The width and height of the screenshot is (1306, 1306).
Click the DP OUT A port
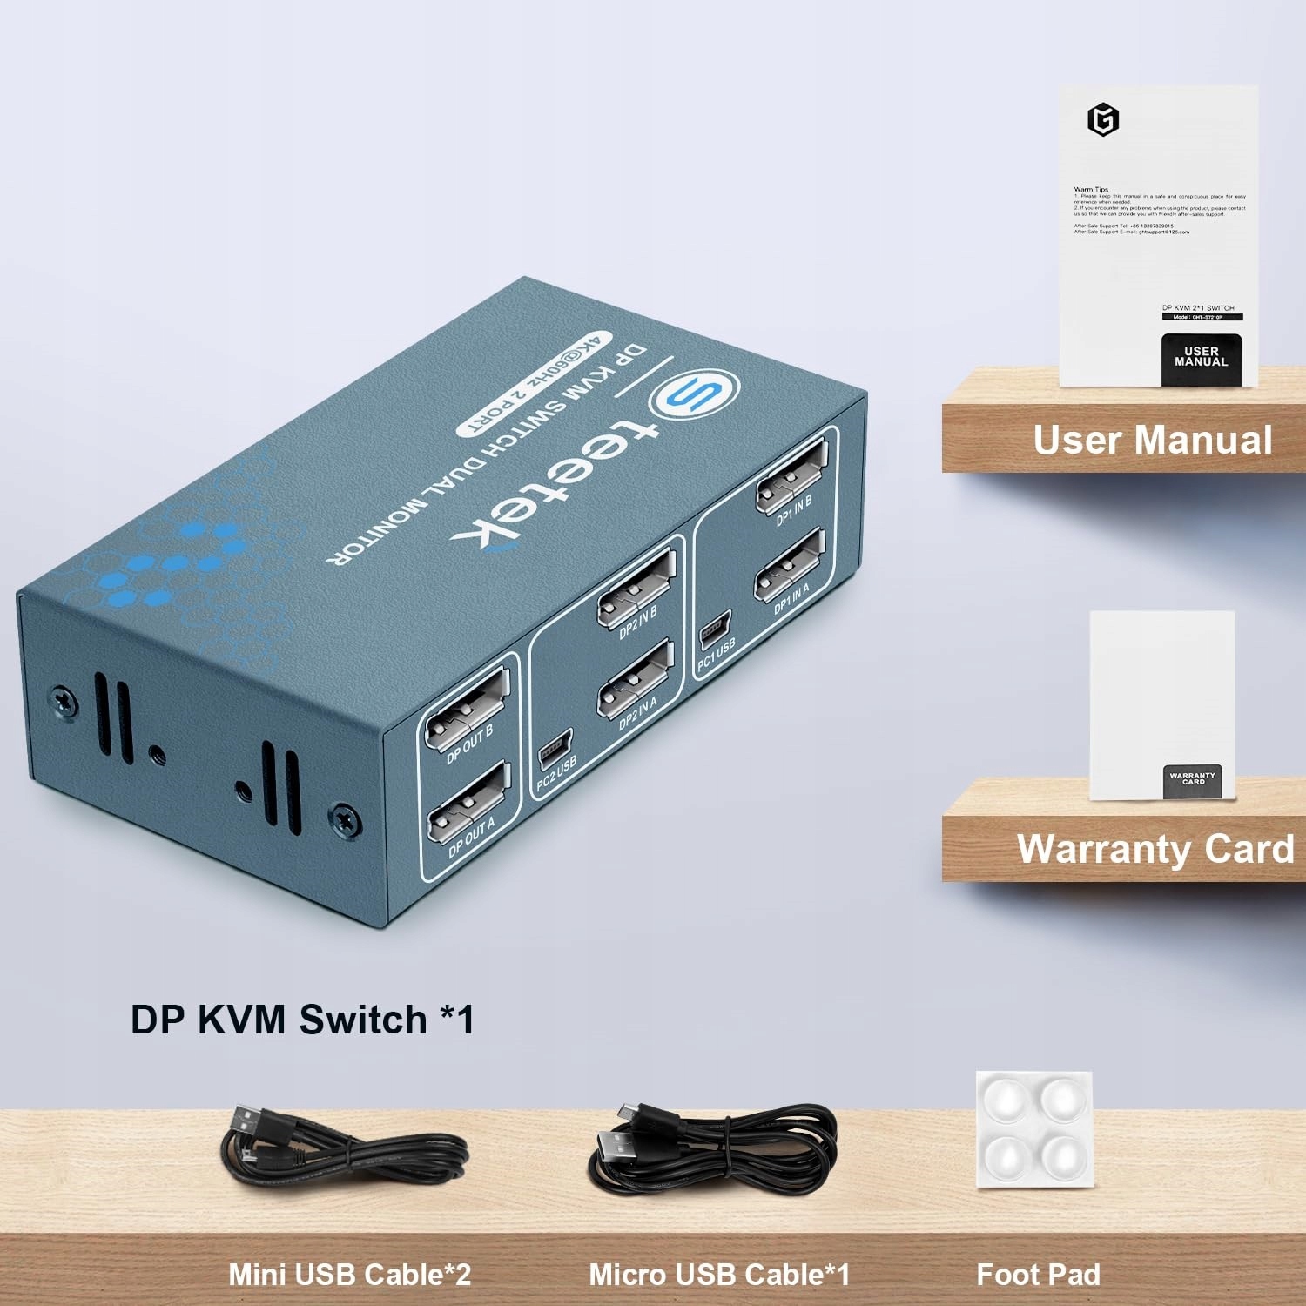(x=468, y=803)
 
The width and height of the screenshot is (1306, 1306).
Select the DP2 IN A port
(x=635, y=678)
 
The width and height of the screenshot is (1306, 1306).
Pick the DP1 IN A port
(x=789, y=565)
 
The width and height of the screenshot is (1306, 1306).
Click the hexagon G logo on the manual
(x=1103, y=119)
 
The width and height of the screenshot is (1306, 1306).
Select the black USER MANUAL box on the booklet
(x=1201, y=358)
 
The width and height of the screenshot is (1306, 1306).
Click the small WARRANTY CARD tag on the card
(x=1193, y=779)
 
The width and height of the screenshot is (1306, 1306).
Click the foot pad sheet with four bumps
(x=1033, y=1128)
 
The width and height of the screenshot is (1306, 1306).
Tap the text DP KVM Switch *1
(x=302, y=1020)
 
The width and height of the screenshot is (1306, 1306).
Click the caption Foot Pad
(x=1038, y=1275)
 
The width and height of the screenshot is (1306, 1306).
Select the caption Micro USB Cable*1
(x=718, y=1275)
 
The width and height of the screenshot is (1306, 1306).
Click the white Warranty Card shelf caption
(x=1155, y=849)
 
